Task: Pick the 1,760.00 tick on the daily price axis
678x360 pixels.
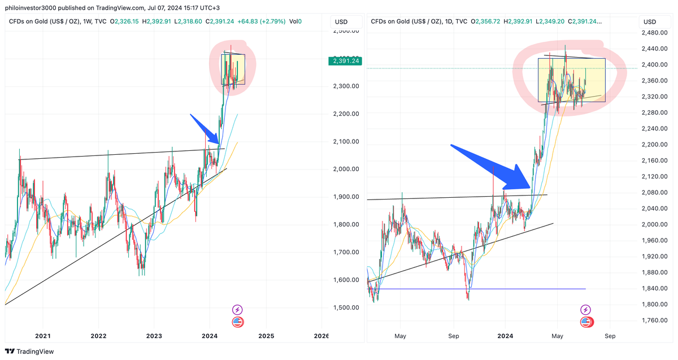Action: pos(655,320)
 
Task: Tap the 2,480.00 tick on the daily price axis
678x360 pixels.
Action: pos(655,32)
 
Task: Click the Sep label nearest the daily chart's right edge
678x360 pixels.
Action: pos(610,336)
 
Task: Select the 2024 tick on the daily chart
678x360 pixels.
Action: pos(505,336)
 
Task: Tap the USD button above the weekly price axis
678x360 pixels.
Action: pos(341,22)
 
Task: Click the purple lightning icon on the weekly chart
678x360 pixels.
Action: pos(237,309)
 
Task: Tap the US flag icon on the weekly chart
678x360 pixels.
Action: pos(237,322)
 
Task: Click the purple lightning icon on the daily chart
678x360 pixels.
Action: pos(586,309)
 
